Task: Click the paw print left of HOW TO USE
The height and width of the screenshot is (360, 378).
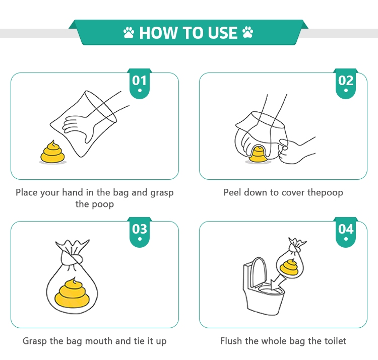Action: (x=129, y=33)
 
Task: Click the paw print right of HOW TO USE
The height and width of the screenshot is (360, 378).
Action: (x=247, y=32)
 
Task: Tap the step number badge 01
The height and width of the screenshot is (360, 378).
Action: (x=140, y=83)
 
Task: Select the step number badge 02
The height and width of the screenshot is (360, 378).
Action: (x=346, y=83)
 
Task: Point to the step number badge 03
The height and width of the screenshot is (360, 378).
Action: (x=140, y=232)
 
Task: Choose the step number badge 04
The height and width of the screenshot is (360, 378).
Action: (x=346, y=232)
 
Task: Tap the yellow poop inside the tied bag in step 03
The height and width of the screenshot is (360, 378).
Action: (x=72, y=293)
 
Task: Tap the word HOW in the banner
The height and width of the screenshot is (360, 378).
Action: (x=158, y=33)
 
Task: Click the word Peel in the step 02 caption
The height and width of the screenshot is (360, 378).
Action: (x=232, y=192)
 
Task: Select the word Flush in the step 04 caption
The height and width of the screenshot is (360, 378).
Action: (x=231, y=341)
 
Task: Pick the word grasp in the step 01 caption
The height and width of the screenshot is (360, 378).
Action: (x=162, y=193)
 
